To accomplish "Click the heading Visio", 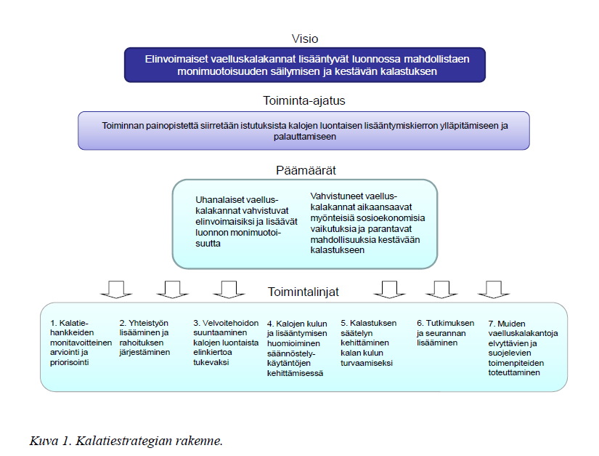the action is (x=305, y=39).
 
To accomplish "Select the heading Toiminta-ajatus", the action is (x=304, y=100).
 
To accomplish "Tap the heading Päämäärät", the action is (x=306, y=170).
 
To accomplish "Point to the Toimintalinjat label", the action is (x=303, y=292).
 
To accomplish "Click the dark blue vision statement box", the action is (x=305, y=65).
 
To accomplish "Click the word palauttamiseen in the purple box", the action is (x=305, y=137).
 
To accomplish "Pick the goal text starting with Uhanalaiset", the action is (x=246, y=222).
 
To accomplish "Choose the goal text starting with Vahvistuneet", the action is (x=367, y=223).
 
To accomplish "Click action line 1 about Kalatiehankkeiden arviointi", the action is (x=81, y=343).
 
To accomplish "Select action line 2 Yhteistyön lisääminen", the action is (x=144, y=337).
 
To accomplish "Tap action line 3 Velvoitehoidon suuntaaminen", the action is (x=226, y=343).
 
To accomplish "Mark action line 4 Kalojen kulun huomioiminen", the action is (x=297, y=348).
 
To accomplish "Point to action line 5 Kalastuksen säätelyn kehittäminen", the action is (x=368, y=343).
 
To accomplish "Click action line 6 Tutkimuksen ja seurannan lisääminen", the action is (x=445, y=333).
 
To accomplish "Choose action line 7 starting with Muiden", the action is (x=523, y=348).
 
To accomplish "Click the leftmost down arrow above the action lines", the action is (x=116, y=289).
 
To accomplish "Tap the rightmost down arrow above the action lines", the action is (x=494, y=289).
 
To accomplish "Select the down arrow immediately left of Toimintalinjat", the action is (x=229, y=289).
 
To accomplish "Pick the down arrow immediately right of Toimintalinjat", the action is (x=389, y=289).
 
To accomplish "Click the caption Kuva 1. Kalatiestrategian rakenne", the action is (x=126, y=441).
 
